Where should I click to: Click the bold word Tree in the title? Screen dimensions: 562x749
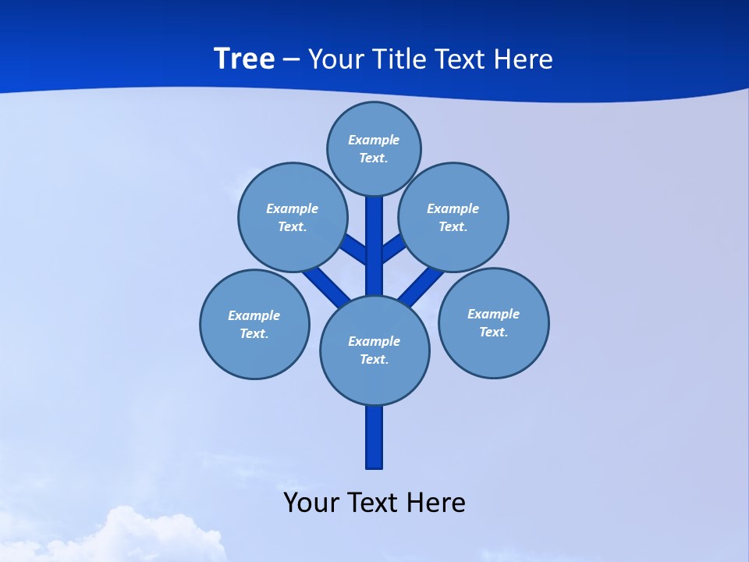(244, 59)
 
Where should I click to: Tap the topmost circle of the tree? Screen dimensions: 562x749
(374, 148)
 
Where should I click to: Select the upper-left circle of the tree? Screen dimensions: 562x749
(293, 217)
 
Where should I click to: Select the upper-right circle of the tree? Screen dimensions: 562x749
(453, 217)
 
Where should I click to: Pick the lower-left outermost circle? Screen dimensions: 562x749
(254, 324)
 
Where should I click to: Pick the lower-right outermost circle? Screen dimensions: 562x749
(493, 322)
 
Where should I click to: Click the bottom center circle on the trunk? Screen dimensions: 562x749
(374, 350)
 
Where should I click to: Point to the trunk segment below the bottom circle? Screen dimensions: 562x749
(374, 437)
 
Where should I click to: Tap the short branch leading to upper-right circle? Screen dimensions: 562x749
(393, 248)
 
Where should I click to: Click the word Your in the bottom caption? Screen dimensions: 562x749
(311, 502)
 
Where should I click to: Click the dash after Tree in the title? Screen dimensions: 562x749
(291, 60)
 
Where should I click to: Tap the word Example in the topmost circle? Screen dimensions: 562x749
(374, 140)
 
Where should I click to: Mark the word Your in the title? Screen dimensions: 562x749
(335, 59)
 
